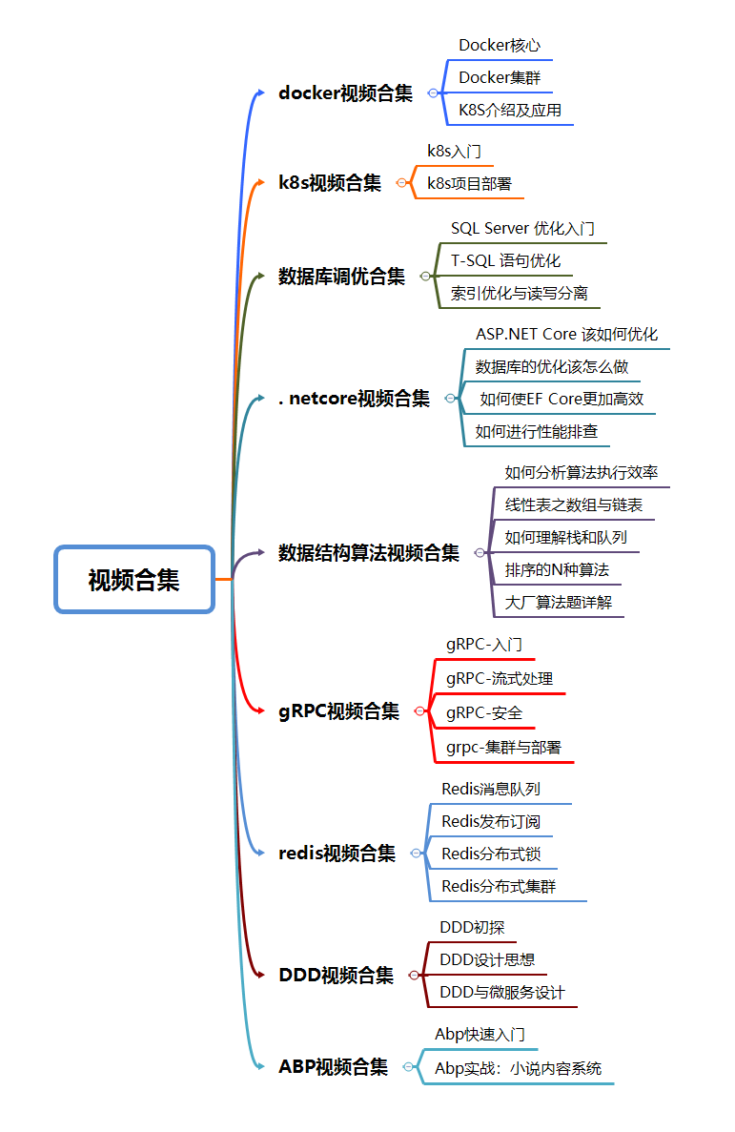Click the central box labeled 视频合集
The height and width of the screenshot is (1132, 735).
[x=133, y=579]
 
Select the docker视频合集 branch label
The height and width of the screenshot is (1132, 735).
[x=345, y=93]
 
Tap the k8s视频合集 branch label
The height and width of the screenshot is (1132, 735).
[x=329, y=183]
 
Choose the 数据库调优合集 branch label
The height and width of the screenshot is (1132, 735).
[x=341, y=277]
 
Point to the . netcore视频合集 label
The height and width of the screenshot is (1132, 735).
[x=354, y=399]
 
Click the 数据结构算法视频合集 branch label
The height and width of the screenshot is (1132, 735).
[x=368, y=552]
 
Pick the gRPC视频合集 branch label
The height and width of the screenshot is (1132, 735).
[x=338, y=711]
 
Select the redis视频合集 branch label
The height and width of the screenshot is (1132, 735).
[x=337, y=854]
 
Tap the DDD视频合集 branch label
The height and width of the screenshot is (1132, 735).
[x=336, y=975]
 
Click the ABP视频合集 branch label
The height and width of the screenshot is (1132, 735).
[x=333, y=1067]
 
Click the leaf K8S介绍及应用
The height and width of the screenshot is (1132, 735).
[x=510, y=111]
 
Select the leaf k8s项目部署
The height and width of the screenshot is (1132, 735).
[x=469, y=184]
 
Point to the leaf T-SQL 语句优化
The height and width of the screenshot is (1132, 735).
[x=505, y=260]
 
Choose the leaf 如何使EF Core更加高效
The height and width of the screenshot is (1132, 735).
[x=561, y=400]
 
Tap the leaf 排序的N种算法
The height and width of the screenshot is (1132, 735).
[x=557, y=570]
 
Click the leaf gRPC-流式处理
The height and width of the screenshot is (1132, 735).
[x=499, y=679]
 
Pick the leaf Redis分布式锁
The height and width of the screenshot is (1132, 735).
[x=491, y=854]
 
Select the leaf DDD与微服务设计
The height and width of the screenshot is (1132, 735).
[x=502, y=993]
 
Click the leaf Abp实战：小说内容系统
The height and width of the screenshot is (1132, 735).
[x=518, y=1069]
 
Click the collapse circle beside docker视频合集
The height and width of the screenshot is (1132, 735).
[x=433, y=93]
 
